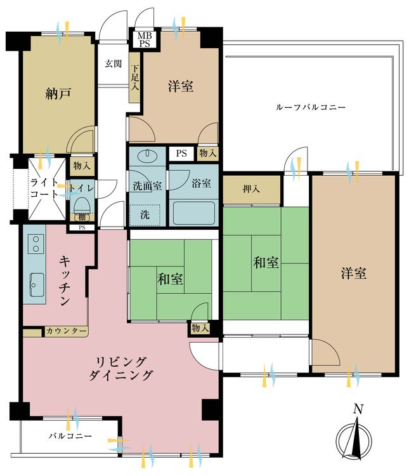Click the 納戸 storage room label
point(58,94)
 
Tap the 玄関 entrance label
point(114,63)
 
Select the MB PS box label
point(145,40)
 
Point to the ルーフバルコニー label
point(311,107)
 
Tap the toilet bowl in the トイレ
point(81,204)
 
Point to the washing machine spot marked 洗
point(145,215)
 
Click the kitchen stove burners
point(36,244)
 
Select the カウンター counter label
point(65,331)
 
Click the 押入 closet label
point(252,188)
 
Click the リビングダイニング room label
point(121,368)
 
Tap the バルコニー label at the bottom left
point(70,436)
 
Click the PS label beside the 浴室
point(181,153)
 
